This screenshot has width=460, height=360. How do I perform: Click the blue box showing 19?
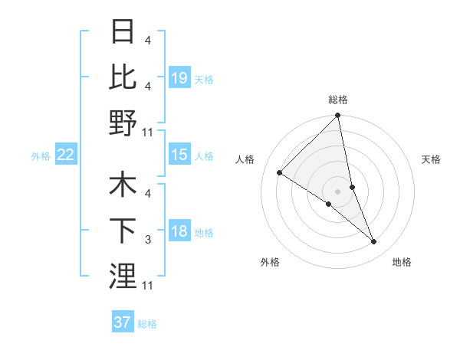click(x=179, y=77)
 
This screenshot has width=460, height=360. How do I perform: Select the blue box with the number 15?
click(x=179, y=155)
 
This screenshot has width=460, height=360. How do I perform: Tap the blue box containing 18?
click(x=179, y=231)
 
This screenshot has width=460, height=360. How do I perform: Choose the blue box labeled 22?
click(x=65, y=155)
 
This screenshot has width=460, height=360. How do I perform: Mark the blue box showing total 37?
click(x=122, y=322)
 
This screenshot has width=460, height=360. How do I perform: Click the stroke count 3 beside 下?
click(x=148, y=241)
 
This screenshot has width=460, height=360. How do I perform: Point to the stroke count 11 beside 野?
click(x=148, y=132)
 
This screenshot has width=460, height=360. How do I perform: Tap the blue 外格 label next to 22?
click(x=41, y=155)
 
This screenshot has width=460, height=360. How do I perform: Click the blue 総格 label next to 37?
click(x=147, y=323)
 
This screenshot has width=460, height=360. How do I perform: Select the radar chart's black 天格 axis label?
click(x=431, y=159)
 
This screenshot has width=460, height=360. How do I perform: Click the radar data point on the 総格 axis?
click(x=337, y=116)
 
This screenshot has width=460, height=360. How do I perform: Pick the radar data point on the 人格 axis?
click(x=280, y=172)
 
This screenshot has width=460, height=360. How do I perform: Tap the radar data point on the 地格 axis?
click(x=373, y=241)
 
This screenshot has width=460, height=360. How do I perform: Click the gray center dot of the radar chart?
click(x=337, y=191)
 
